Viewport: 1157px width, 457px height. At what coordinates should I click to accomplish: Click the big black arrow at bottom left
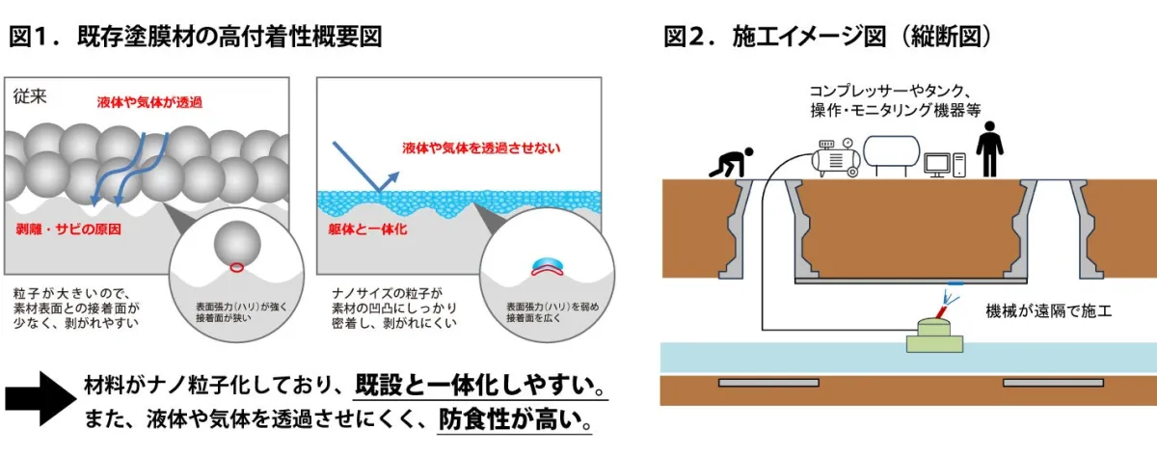pyautogui.click(x=41, y=398)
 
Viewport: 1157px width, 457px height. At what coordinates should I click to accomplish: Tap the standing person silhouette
pyautogui.click(x=989, y=149)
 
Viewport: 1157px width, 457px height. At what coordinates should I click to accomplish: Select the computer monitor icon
pyautogui.click(x=936, y=165)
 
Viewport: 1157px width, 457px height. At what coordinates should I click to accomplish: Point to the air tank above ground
pyautogui.click(x=892, y=153)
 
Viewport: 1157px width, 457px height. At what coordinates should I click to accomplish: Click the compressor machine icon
pyautogui.click(x=836, y=158)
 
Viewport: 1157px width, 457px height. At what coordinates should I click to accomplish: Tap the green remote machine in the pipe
pyautogui.click(x=934, y=336)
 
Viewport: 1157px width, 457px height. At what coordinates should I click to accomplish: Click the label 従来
pyautogui.click(x=30, y=96)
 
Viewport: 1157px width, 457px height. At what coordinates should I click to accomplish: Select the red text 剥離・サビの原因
pyautogui.click(x=68, y=229)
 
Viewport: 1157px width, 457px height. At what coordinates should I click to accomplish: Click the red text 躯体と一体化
pyautogui.click(x=367, y=229)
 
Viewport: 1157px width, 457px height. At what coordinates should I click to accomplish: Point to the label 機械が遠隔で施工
pyautogui.click(x=1049, y=310)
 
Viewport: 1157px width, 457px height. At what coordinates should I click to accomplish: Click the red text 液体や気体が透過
pyautogui.click(x=149, y=102)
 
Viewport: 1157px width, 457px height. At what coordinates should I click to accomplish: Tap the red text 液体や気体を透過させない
pyautogui.click(x=481, y=148)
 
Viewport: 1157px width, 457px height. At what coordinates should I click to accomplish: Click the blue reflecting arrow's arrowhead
pyautogui.click(x=393, y=177)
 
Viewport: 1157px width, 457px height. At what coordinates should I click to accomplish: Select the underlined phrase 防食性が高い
pyautogui.click(x=515, y=419)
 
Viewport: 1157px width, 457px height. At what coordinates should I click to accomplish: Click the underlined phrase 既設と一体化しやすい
pyautogui.click(x=480, y=386)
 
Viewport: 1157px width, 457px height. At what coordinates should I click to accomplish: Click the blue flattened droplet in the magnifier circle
pyautogui.click(x=548, y=264)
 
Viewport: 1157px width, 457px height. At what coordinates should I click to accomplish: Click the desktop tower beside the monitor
pyautogui.click(x=959, y=165)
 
